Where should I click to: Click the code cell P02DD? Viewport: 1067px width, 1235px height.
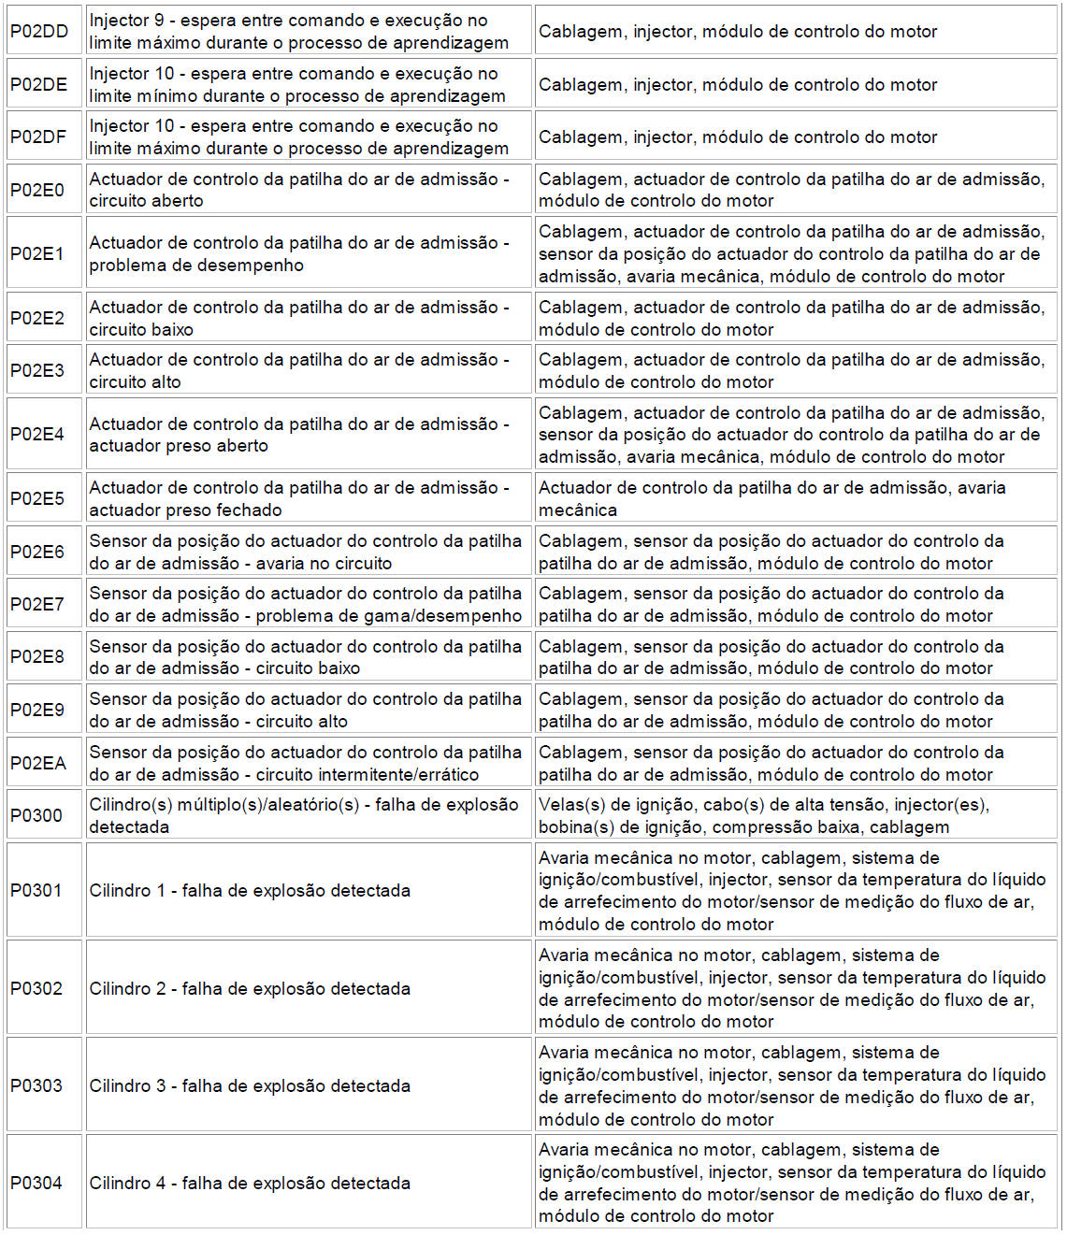tap(39, 31)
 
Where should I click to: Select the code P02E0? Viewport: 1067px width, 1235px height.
tap(37, 190)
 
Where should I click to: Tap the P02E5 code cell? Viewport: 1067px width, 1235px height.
tap(37, 498)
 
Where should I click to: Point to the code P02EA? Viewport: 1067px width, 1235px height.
tap(38, 763)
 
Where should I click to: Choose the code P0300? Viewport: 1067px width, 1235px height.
tap(36, 815)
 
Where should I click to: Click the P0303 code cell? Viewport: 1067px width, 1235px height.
tap(36, 1085)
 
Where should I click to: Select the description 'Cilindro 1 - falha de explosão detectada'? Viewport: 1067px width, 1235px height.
tap(250, 890)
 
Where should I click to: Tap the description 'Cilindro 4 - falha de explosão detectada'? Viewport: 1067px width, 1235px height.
tap(250, 1183)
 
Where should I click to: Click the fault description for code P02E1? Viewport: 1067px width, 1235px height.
tap(299, 253)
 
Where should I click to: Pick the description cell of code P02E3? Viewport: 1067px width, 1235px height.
tap(299, 370)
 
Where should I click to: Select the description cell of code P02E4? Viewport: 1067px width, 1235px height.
tap(299, 435)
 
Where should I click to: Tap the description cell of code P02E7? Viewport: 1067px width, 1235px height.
tap(306, 604)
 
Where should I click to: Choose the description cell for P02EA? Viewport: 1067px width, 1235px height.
tap(306, 763)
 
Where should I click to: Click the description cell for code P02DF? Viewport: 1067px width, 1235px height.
tap(299, 136)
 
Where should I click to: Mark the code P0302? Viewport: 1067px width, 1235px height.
tap(36, 988)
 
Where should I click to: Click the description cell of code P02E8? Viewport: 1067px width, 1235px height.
tap(306, 656)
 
